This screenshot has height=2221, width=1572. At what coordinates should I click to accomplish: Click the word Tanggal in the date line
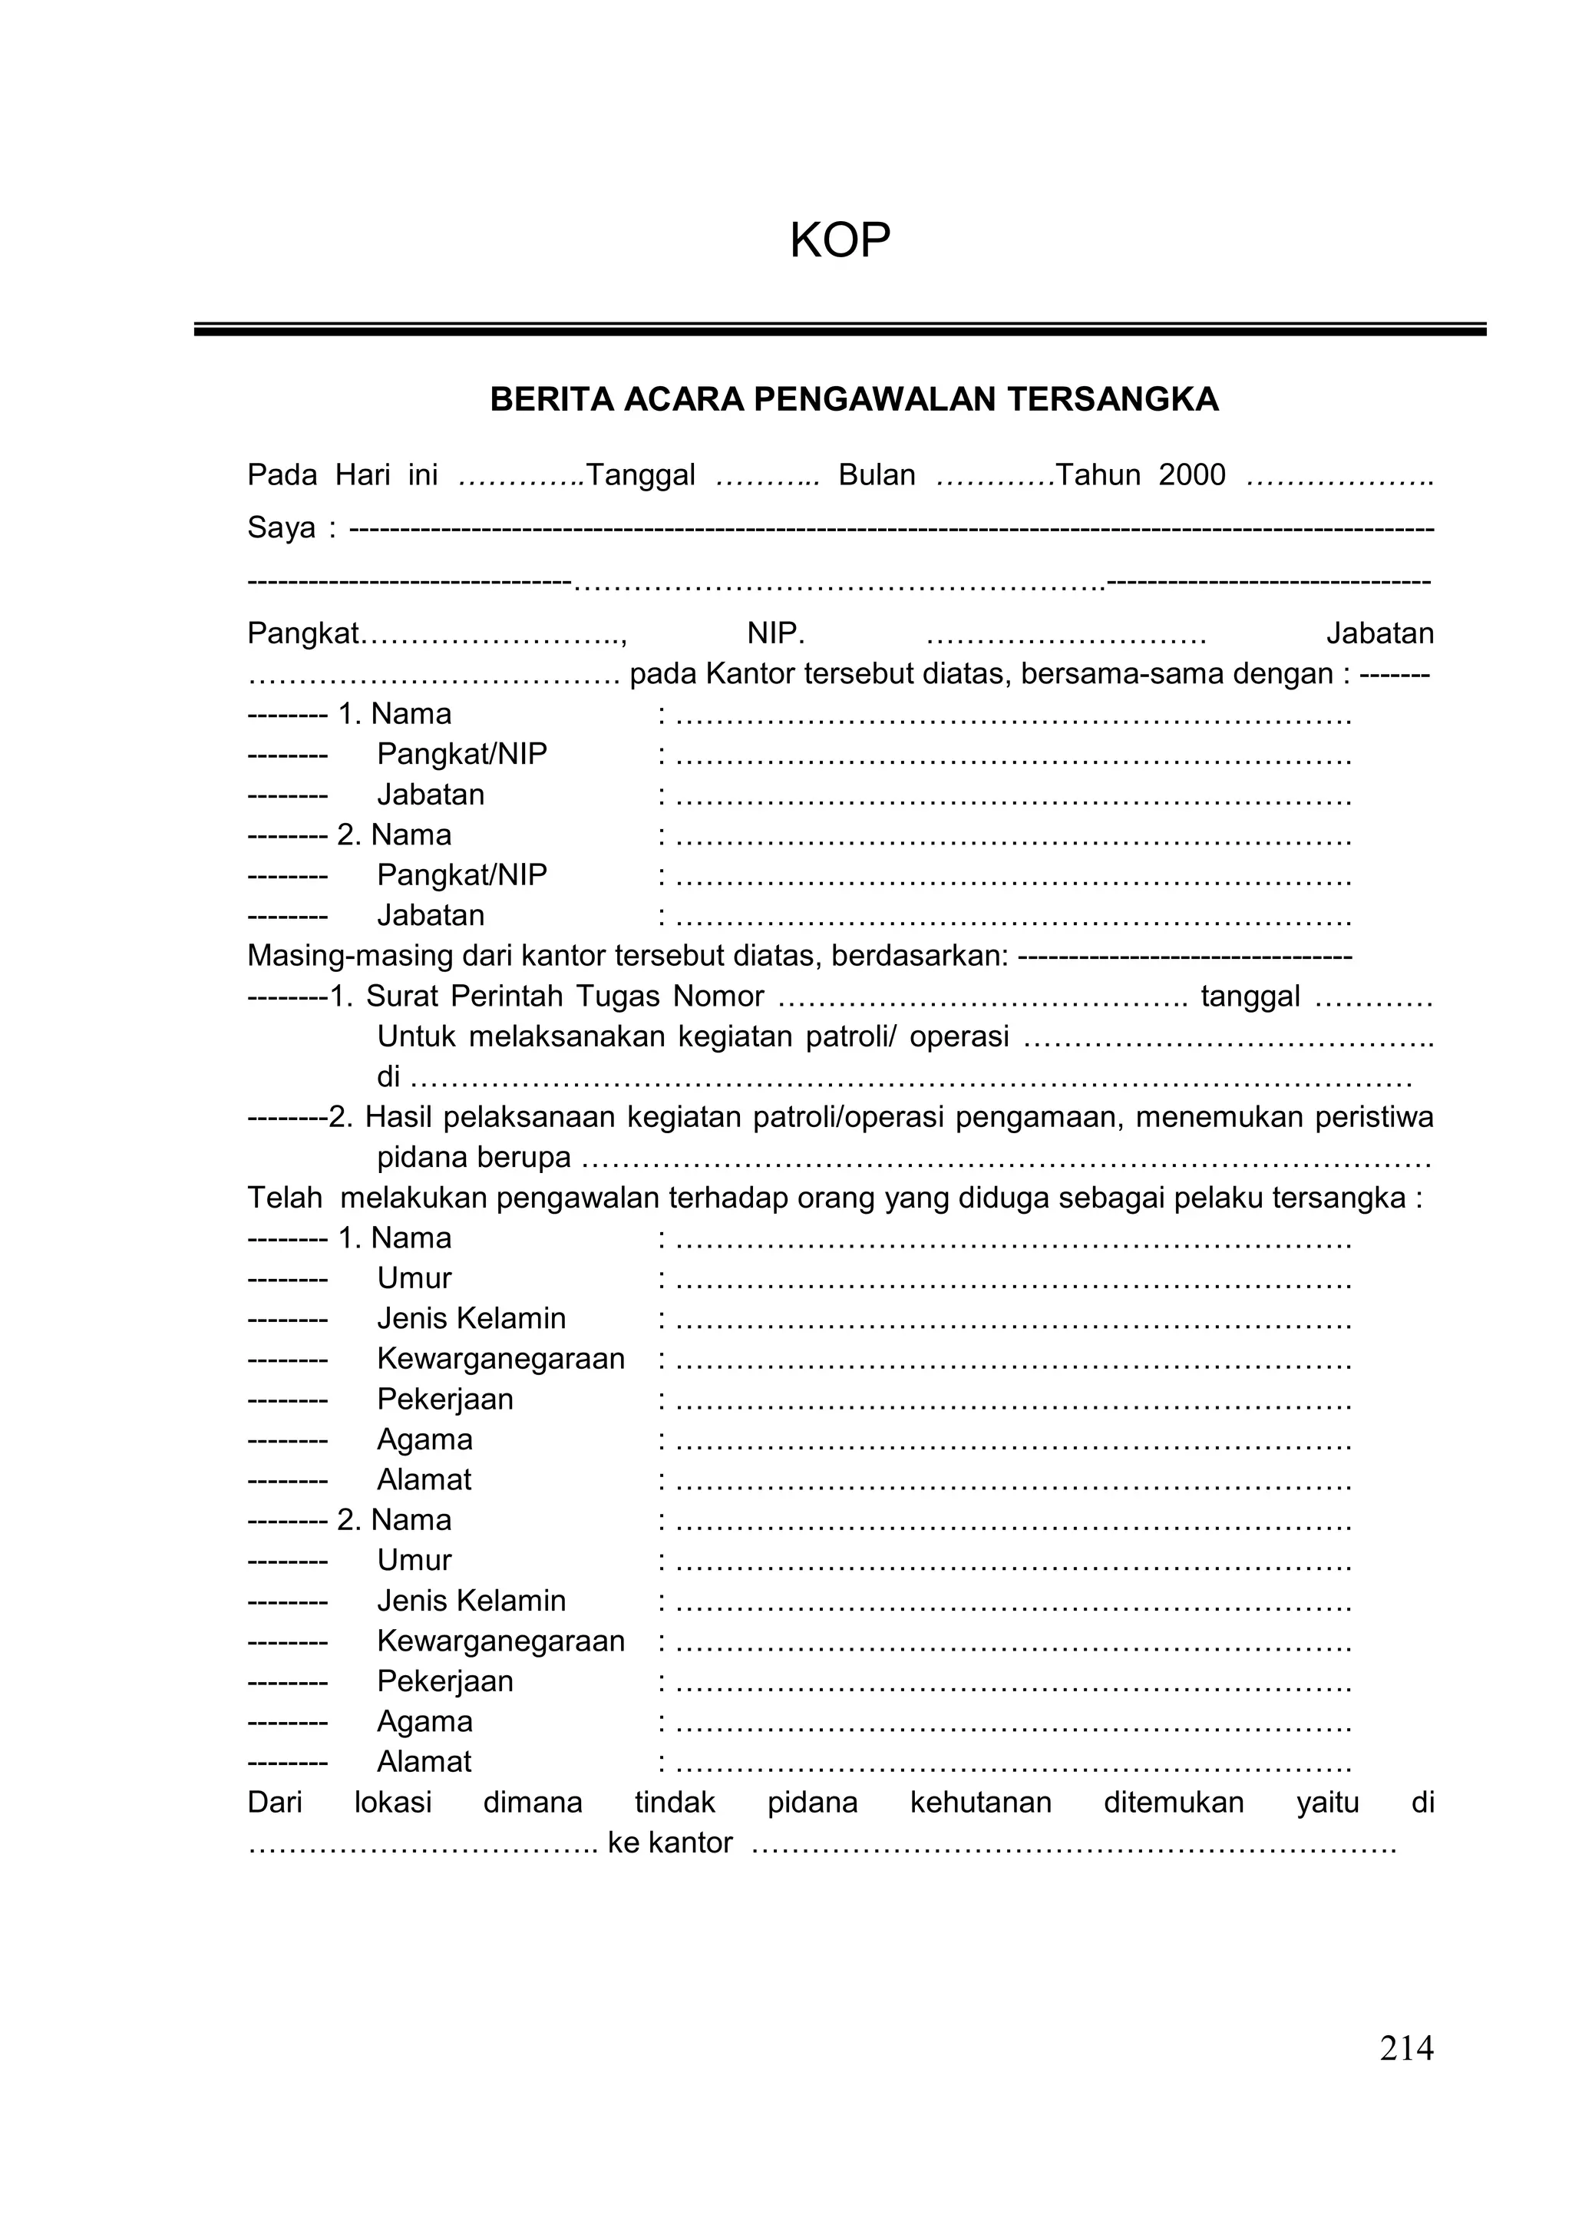[x=641, y=475]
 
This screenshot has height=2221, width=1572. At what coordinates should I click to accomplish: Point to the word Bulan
[x=876, y=475]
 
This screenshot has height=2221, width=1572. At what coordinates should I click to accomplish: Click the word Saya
[x=281, y=527]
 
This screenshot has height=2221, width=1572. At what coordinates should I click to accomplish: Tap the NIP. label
[x=775, y=633]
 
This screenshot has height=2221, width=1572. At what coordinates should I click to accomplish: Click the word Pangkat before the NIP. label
[x=303, y=633]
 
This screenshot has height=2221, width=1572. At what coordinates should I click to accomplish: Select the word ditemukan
[x=1173, y=1802]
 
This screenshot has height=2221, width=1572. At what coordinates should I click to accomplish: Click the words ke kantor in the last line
[x=669, y=1843]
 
